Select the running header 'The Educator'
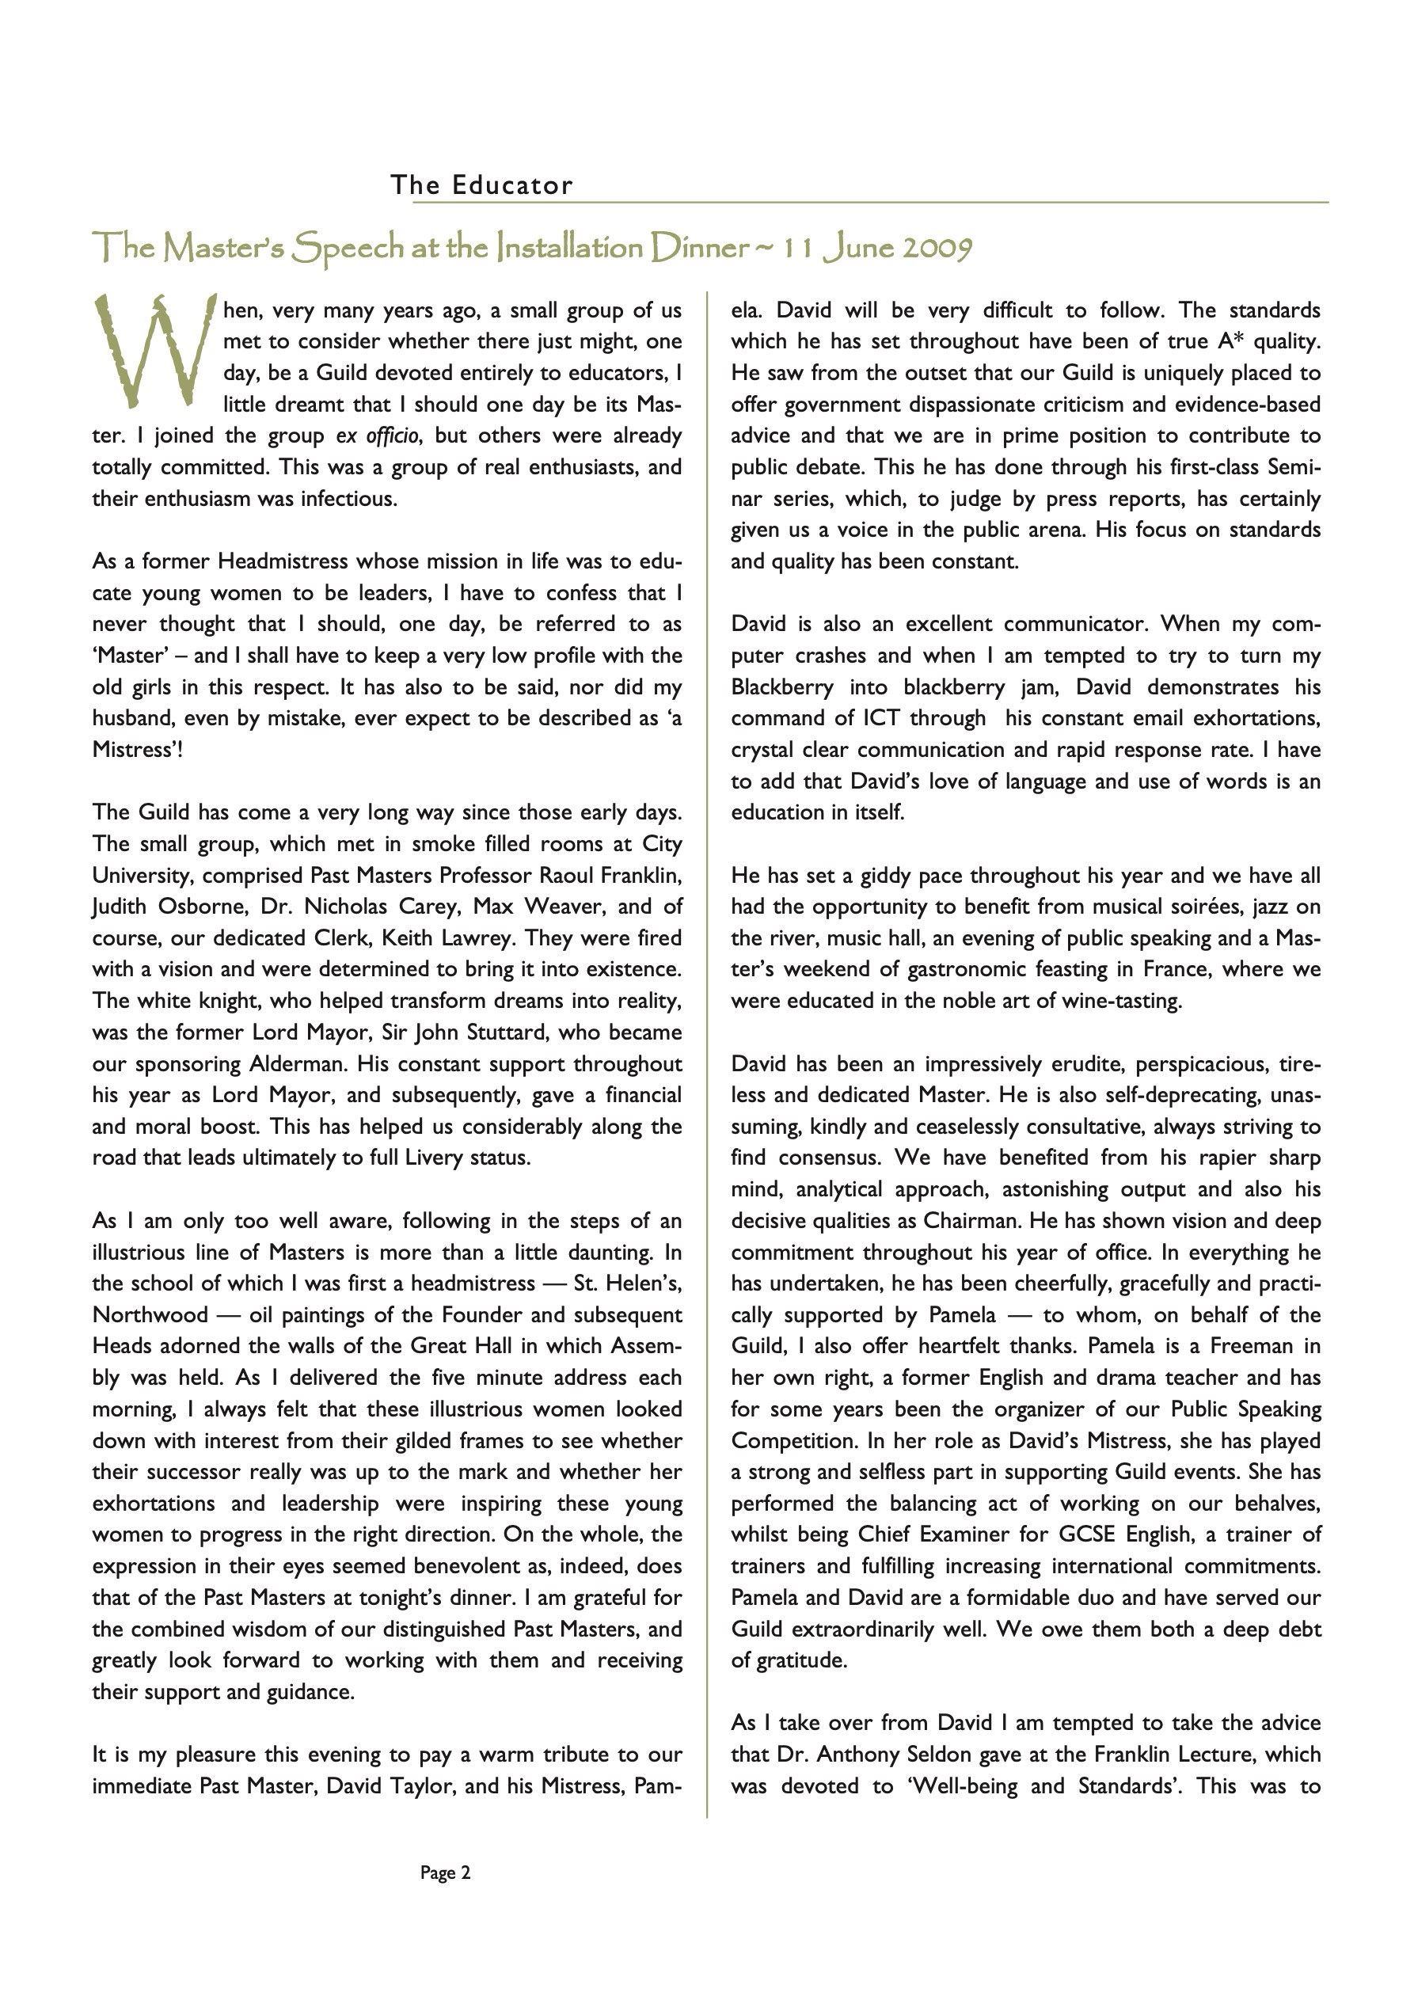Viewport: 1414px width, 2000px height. click(482, 184)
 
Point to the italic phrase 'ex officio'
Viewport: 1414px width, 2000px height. click(378, 435)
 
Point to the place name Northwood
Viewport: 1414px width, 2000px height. click(150, 1314)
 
